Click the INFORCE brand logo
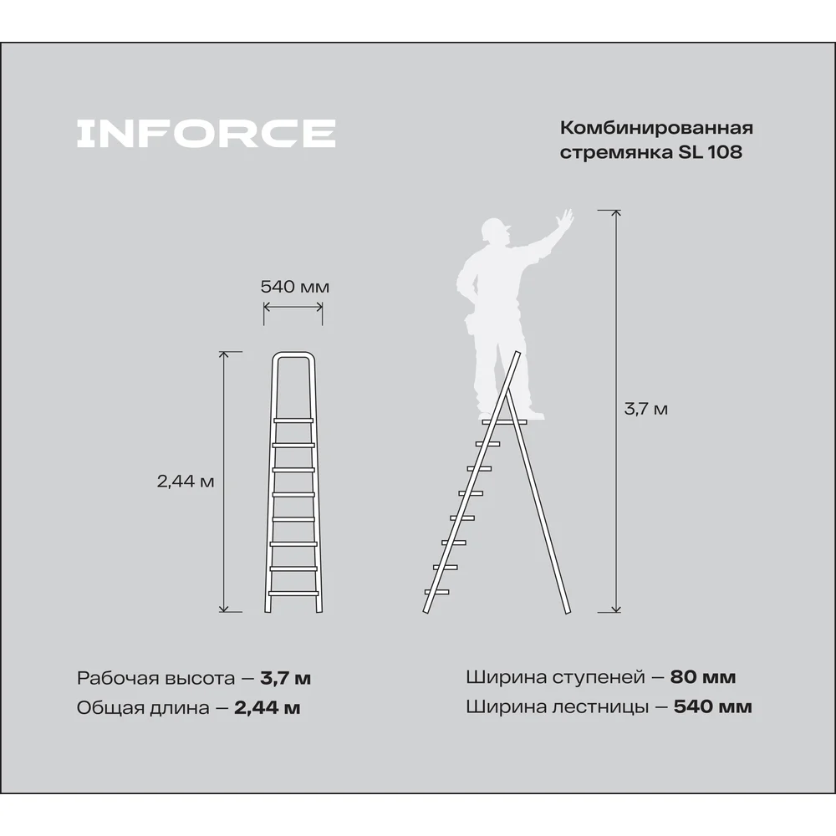point(206,133)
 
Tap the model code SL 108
point(710,152)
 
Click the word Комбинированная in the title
point(656,129)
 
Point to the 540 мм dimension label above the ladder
point(295,287)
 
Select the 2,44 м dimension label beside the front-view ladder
point(186,482)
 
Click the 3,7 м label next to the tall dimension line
point(645,410)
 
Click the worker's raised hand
point(564,219)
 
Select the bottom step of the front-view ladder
point(293,594)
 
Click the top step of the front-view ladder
point(293,421)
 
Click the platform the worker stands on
point(504,422)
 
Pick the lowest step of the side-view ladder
point(436,592)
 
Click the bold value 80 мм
point(703,678)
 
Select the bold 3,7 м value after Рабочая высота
point(286,679)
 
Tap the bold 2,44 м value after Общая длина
point(268,708)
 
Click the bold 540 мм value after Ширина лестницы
point(713,707)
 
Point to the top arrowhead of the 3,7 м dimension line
point(616,214)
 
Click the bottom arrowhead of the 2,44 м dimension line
point(224,609)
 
